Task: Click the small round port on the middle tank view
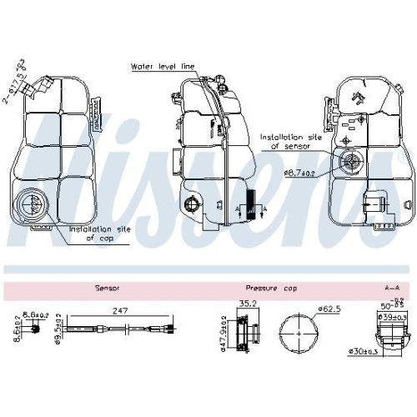pos(192,205)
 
